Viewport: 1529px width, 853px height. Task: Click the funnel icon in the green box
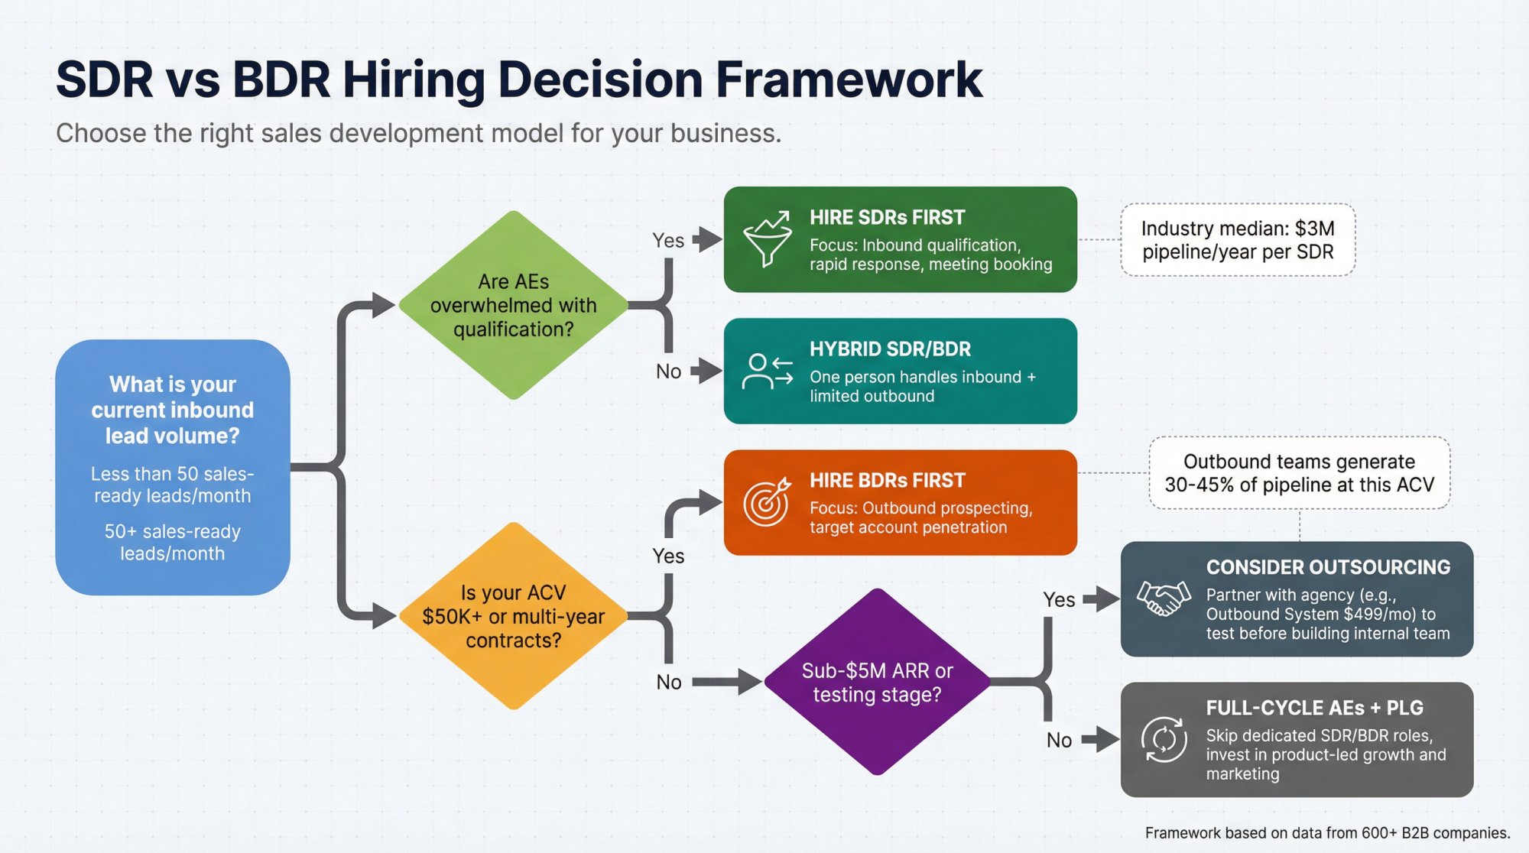pos(767,238)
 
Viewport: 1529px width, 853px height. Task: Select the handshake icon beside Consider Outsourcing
pos(1164,598)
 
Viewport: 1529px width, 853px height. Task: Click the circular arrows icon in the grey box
pos(1164,739)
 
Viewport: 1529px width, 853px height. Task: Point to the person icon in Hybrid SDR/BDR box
pos(767,371)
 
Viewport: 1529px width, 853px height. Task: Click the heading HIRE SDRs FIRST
pos(887,218)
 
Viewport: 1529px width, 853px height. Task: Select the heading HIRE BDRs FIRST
pos(887,481)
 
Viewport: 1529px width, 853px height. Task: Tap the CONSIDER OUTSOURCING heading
pos(1328,567)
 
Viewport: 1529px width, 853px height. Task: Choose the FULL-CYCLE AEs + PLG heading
pos(1314,708)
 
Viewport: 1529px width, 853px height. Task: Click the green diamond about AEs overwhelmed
pos(514,305)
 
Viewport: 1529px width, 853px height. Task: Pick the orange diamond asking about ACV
pos(514,616)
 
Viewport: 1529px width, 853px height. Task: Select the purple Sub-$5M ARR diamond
pos(877,682)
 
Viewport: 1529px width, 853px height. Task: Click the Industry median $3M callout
pos(1238,240)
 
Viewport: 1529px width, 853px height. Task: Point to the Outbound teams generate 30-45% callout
pos(1299,473)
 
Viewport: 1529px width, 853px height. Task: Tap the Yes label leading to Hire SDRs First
pos(668,241)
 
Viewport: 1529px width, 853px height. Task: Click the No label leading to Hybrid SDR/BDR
pos(668,371)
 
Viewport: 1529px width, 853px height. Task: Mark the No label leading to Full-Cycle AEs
pos(1059,740)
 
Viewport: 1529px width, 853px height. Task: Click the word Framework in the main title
pos(849,79)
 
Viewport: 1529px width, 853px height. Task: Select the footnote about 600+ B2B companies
pos(1327,833)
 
